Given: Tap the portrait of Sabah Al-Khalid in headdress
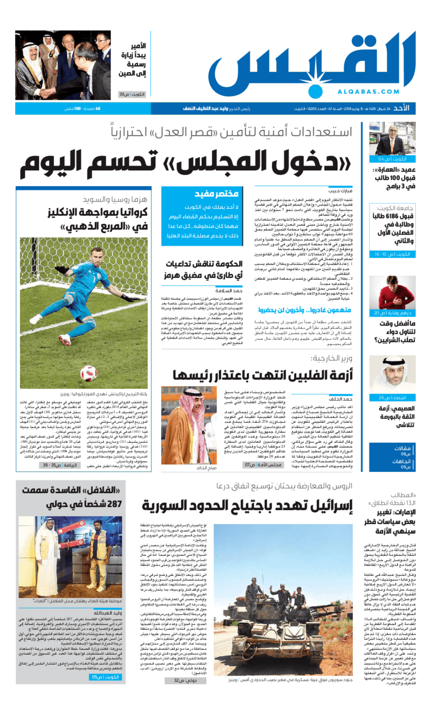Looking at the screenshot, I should [191, 421].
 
